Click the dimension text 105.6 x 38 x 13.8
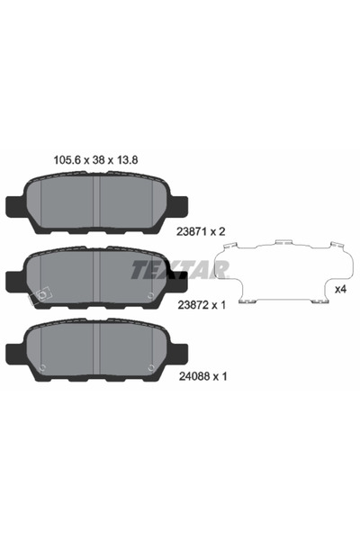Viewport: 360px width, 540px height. pyautogui.click(x=95, y=160)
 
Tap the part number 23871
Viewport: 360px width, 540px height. pyautogui.click(x=191, y=232)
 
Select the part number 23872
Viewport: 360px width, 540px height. pyautogui.click(x=192, y=305)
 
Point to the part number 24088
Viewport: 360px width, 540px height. pyautogui.click(x=194, y=376)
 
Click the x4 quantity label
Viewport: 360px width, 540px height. pyautogui.click(x=340, y=290)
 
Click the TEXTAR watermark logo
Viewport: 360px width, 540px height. pyautogui.click(x=180, y=269)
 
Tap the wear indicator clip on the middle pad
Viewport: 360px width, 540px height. pyautogui.click(x=40, y=296)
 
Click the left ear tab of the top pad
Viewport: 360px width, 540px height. pyautogui.click(x=14, y=207)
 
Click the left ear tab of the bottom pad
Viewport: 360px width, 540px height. pyautogui.click(x=14, y=355)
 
